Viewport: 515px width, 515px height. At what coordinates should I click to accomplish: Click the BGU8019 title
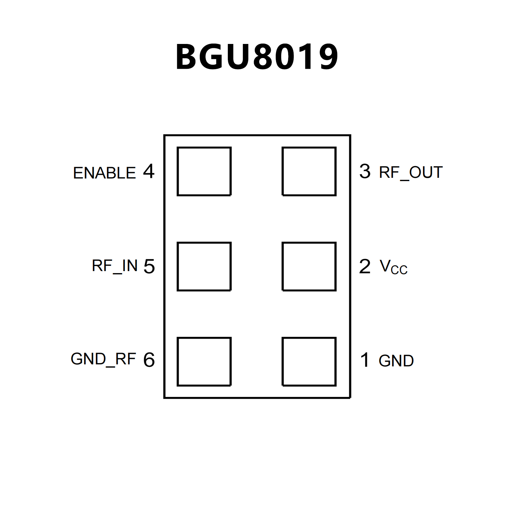pos(257,57)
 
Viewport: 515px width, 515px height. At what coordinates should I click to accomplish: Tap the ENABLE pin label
pos(104,173)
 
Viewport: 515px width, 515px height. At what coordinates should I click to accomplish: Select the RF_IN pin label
pos(115,266)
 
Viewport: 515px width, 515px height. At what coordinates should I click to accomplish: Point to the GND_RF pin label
pos(103,359)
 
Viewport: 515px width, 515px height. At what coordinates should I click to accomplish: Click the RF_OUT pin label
pos(411,172)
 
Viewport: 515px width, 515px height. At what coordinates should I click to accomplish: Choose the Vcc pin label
pos(394,267)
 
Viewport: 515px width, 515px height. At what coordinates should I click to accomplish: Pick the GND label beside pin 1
pos(396,361)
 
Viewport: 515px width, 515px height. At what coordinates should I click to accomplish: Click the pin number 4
pos(149,171)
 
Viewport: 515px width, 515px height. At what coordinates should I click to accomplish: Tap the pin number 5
pos(149,266)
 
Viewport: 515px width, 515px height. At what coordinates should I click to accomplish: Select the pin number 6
pos(149,360)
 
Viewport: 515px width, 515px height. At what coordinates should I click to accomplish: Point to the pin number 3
pos(365,171)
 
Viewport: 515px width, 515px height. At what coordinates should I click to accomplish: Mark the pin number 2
pos(365,266)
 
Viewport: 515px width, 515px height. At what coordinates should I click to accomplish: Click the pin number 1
pos(365,360)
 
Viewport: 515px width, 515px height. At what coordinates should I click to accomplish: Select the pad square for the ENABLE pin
pos(204,171)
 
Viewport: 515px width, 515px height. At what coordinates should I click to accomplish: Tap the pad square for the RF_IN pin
pos(204,266)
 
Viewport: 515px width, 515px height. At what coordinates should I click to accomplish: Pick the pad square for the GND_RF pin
pos(204,361)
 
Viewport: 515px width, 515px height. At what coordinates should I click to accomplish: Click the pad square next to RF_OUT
pos(309,171)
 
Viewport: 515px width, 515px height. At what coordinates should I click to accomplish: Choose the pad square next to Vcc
pos(309,266)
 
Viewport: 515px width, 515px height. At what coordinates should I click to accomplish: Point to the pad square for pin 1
pos(309,361)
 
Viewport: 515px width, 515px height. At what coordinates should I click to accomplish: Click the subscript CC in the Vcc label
pos(399,270)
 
